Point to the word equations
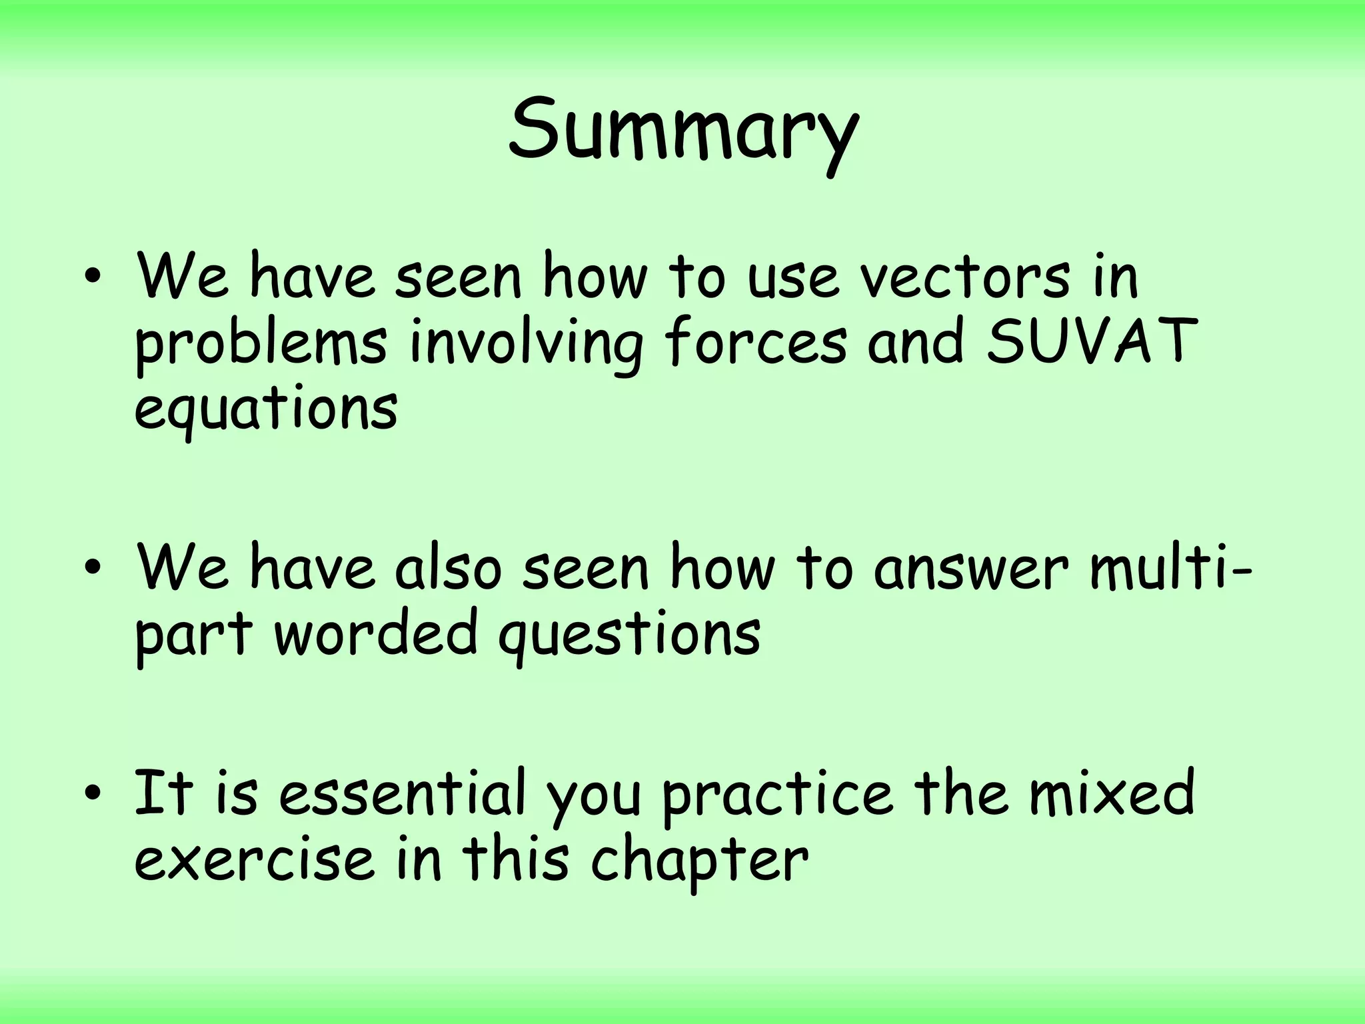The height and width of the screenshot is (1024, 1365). tap(266, 408)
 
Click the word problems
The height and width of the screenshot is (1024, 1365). tap(261, 343)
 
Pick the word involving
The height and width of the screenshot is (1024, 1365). tap(526, 343)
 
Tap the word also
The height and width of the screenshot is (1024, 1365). tap(447, 568)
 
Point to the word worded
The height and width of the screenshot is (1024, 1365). tap(376, 633)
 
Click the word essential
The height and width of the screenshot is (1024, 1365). tap(403, 793)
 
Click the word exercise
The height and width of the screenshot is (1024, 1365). tap(253, 860)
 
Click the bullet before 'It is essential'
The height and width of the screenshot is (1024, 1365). tap(93, 793)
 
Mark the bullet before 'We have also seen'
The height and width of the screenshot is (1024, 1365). tap(93, 568)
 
